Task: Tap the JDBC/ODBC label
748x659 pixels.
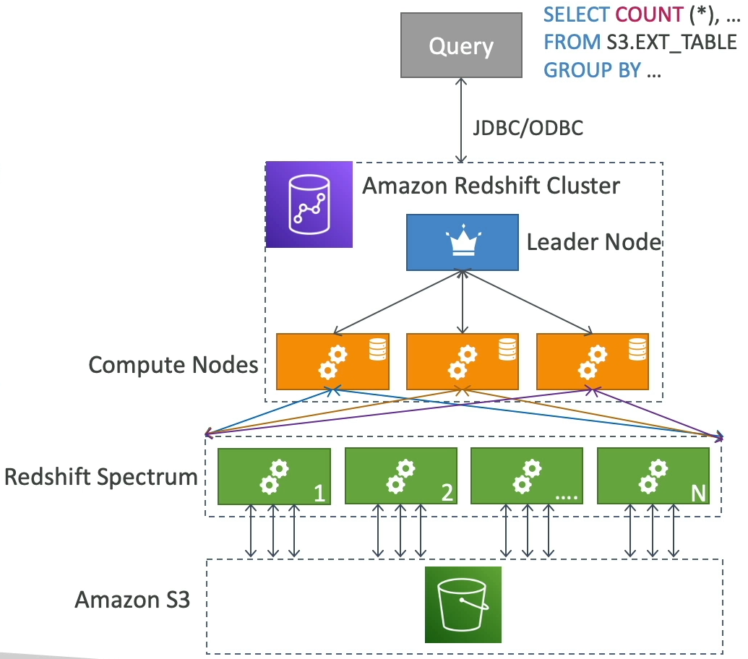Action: pos(528,129)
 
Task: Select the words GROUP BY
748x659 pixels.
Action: pos(592,70)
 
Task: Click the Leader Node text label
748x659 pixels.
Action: pos(594,242)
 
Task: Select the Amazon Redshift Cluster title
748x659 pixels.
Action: pos(491,186)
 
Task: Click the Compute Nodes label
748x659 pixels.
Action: pos(173,364)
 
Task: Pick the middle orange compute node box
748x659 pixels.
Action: pos(462,361)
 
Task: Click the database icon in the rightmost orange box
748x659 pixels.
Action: pos(636,350)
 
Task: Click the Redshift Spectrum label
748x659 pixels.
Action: pos(100,477)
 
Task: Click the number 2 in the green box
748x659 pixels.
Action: pos(447,493)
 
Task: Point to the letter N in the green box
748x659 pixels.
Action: pos(698,493)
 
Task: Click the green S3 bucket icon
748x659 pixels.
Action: pos(463,605)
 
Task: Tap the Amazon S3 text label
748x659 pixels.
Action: pos(133,600)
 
